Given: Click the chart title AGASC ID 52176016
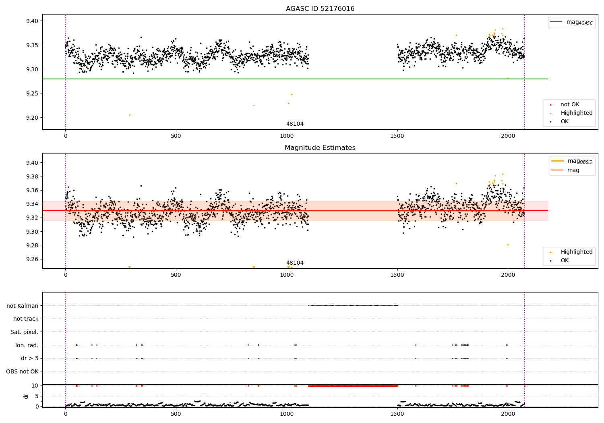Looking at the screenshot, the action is click(320, 8).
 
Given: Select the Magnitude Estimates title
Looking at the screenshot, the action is click(320, 147).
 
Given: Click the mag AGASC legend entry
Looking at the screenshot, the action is click(571, 22).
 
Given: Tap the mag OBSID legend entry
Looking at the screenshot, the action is click(572, 161).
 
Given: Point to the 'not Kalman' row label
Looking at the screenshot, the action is click(23, 306).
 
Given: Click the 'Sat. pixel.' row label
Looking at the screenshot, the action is click(24, 332).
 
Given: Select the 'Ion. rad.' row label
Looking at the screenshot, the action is click(27, 345).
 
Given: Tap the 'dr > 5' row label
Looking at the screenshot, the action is click(30, 358).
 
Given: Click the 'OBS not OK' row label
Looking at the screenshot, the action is click(22, 371).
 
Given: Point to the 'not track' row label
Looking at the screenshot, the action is click(26, 319).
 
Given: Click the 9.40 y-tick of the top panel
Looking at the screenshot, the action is click(32, 21).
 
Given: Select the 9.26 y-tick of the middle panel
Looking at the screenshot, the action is click(32, 259).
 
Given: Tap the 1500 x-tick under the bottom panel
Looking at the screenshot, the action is click(397, 414).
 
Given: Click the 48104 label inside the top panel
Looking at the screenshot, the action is click(295, 124).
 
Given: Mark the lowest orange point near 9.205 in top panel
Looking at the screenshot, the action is click(129, 115).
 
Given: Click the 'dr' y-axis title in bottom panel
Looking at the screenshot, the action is click(26, 396).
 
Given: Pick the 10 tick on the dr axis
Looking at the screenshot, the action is click(35, 386).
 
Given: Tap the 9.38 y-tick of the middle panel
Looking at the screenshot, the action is click(32, 176).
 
